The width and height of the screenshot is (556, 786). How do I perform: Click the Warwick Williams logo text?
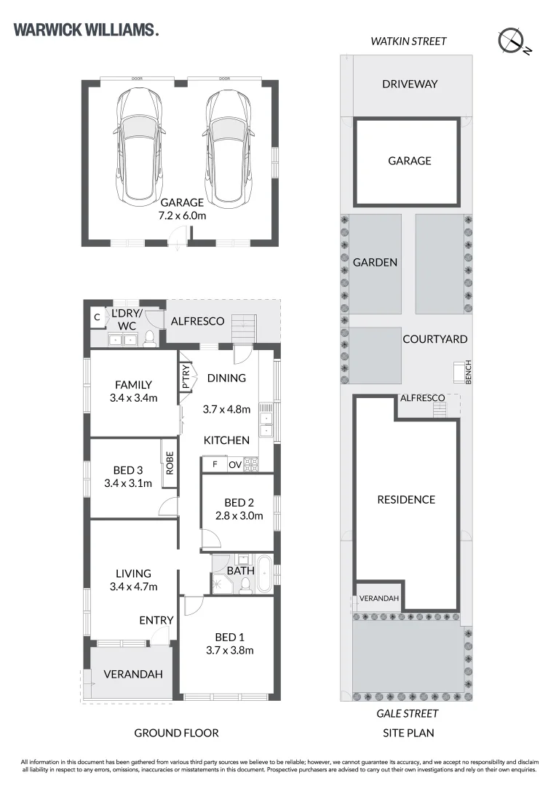pos(86,30)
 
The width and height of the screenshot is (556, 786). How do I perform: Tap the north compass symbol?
pos(513,41)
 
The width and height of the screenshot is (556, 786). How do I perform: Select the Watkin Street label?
pos(408,41)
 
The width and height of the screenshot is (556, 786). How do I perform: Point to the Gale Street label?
pos(407,713)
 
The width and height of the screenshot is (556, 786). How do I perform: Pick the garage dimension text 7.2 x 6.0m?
pos(182,216)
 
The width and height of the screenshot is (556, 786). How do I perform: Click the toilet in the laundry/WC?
pos(149,338)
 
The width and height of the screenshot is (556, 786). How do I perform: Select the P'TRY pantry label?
pos(186,377)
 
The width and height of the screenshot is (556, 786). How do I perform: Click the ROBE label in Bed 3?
pos(170,463)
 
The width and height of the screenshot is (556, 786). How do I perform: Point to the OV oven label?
pos(235,464)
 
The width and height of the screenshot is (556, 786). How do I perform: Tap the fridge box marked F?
pos(215,464)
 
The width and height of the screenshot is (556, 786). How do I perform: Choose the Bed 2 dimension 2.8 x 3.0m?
pos(239,516)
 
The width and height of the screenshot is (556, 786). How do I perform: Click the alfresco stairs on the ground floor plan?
pos(244,327)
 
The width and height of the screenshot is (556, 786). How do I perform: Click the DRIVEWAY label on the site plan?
pos(410,84)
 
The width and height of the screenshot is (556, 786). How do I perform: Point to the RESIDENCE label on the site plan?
pos(406,499)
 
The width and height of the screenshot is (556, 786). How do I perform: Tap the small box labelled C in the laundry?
pos(98,317)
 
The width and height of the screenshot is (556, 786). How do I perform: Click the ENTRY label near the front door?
pos(156,620)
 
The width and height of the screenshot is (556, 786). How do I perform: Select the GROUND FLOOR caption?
pos(176,733)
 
